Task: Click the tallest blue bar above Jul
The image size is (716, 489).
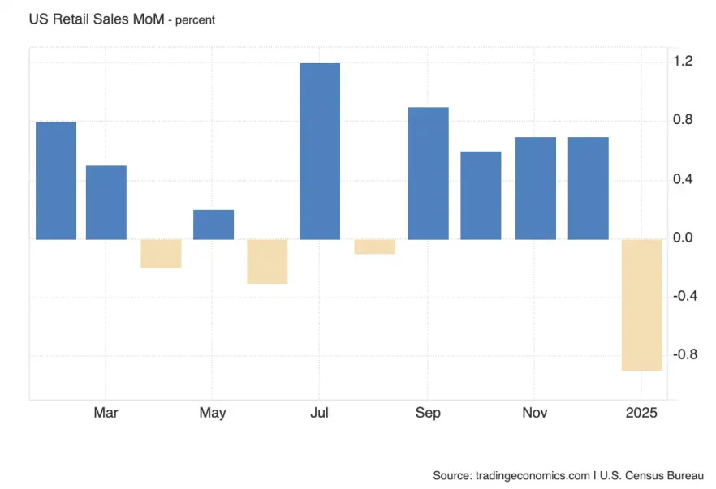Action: pyautogui.click(x=320, y=151)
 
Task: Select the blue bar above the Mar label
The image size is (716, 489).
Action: pyautogui.click(x=106, y=202)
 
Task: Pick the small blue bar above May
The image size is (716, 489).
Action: pyautogui.click(x=214, y=225)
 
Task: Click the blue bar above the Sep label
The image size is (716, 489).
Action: pyautogui.click(x=428, y=173)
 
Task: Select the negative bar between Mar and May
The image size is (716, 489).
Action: pyautogui.click(x=161, y=253)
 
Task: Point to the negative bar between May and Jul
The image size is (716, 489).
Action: pyautogui.click(x=267, y=261)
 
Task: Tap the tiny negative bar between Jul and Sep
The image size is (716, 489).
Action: pyautogui.click(x=374, y=247)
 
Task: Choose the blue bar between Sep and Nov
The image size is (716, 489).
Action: pyautogui.click(x=481, y=195)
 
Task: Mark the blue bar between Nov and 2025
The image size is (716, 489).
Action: pyautogui.click(x=588, y=188)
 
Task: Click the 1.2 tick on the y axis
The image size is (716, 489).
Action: pyautogui.click(x=682, y=62)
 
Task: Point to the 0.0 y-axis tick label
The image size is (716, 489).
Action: pyautogui.click(x=682, y=238)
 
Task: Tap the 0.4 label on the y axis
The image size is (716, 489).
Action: pyautogui.click(x=682, y=179)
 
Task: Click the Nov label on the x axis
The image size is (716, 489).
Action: pyautogui.click(x=534, y=414)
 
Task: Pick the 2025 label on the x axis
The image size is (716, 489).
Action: pyautogui.click(x=641, y=414)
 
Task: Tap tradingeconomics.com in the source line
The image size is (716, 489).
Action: pyautogui.click(x=533, y=474)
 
